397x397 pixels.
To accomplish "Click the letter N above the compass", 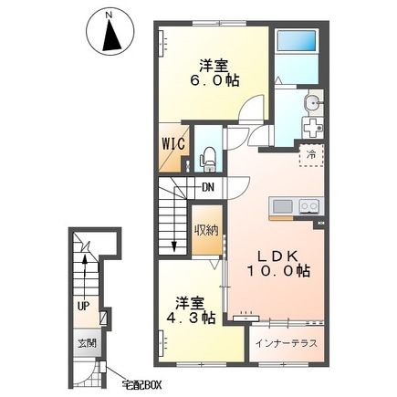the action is coord(110,15).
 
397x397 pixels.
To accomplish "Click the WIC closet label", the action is coord(172,143).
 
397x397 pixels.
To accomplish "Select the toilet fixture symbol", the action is coord(208,159).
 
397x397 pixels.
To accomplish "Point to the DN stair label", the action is coord(208,187).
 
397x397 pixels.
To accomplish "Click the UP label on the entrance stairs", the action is coord(83,307).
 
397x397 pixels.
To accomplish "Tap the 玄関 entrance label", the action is coord(87,343).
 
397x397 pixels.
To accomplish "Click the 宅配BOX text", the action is coord(141,385).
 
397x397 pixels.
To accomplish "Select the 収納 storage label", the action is coord(207,231).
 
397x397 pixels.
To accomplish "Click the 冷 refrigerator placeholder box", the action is coord(311,155).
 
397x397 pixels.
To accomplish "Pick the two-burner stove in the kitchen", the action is coord(309,207).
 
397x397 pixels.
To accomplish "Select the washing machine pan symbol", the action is coord(312,129).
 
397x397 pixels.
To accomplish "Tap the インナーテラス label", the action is coord(287,344).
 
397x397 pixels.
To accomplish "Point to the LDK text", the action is coord(277,257).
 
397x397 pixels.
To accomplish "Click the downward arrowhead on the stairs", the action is coord(174,246).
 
